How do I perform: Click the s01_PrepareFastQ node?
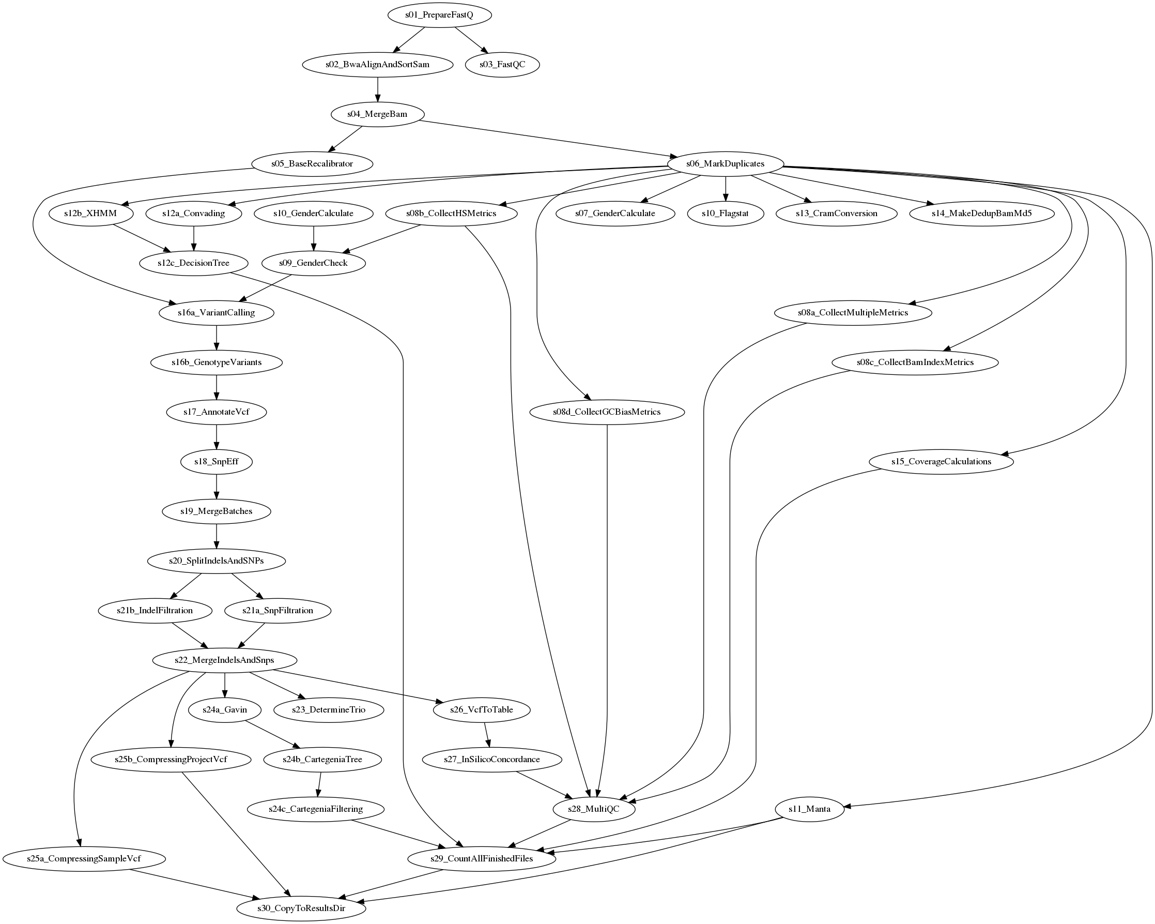tap(439, 15)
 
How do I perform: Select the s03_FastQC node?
tap(502, 65)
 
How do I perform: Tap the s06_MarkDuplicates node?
tap(726, 164)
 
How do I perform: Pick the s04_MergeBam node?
tap(377, 114)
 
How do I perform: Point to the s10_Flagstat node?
tap(726, 214)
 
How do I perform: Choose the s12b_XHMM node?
tap(90, 214)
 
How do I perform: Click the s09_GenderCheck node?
tap(313, 263)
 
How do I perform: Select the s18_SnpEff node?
tap(217, 461)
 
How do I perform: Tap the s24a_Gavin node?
tap(224, 709)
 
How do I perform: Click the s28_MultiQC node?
tap(594, 809)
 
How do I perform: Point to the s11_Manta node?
tap(809, 809)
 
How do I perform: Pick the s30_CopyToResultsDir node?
tap(301, 908)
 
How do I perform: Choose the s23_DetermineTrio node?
tap(328, 709)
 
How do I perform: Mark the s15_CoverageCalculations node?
tap(941, 461)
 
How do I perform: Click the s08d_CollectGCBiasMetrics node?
tap(606, 412)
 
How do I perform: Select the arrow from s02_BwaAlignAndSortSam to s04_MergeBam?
tap(378, 89)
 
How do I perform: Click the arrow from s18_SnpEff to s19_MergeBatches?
tap(217, 486)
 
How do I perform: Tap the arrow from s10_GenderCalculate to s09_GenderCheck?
tap(313, 238)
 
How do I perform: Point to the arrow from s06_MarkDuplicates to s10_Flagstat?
tap(726, 189)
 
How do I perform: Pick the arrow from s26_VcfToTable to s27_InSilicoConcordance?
tap(486, 734)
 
